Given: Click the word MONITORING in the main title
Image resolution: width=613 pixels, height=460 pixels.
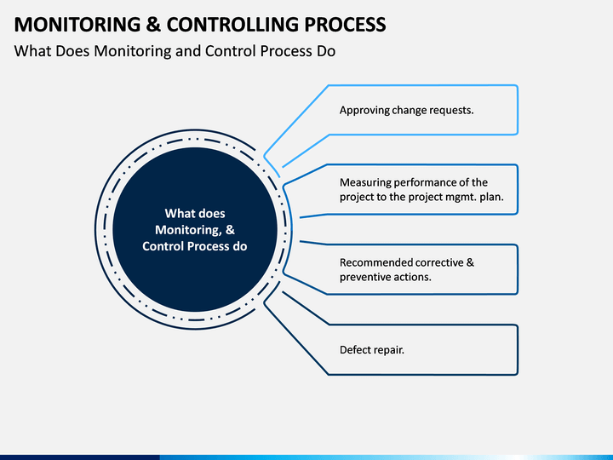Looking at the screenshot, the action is [x=77, y=24].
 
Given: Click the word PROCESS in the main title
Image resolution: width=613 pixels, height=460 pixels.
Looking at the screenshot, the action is [x=345, y=24].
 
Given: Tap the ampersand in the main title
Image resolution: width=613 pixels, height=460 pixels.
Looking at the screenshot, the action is [x=153, y=24].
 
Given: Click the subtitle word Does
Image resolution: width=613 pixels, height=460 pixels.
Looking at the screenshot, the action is [x=72, y=51].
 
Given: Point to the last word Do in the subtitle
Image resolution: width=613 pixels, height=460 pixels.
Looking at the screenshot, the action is [x=326, y=51].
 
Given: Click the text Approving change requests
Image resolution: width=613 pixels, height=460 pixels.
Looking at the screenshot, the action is [x=407, y=110].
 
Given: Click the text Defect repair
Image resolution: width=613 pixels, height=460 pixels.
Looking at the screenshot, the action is [x=372, y=350].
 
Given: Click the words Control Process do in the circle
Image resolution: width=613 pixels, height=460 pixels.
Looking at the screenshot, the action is [x=195, y=246].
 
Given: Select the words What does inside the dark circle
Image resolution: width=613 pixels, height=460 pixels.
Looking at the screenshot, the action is [x=195, y=214].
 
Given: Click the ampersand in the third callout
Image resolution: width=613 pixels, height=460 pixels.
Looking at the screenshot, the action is [x=470, y=262].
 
